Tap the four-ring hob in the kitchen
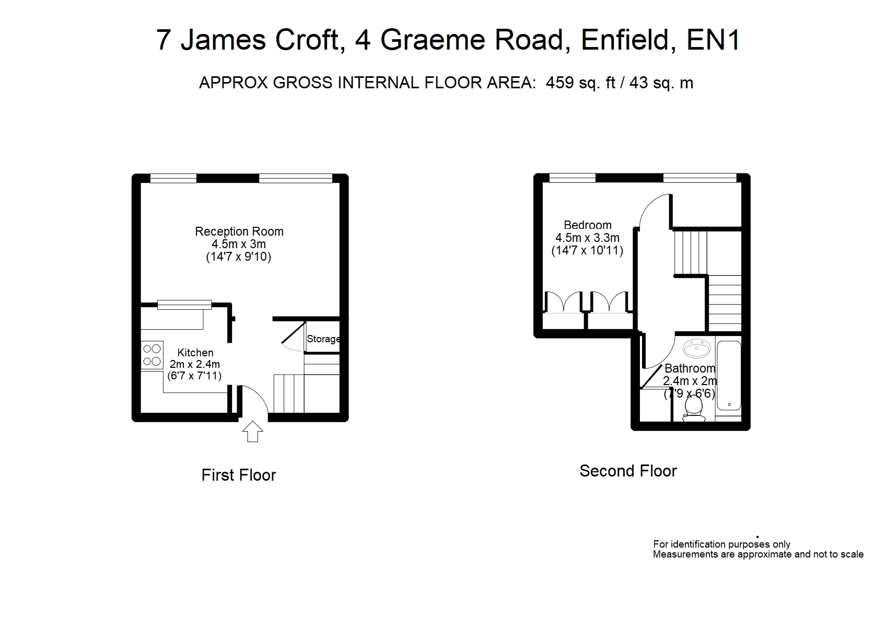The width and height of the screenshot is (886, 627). (x=153, y=355)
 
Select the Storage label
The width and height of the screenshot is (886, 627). (x=323, y=339)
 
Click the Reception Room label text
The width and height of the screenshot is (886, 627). (x=239, y=231)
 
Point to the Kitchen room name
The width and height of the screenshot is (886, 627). (x=195, y=353)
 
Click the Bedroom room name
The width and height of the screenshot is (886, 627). (x=588, y=225)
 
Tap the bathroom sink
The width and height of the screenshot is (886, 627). (x=696, y=348)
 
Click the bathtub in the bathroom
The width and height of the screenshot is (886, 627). (x=729, y=375)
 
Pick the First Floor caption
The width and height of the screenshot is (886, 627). (x=239, y=475)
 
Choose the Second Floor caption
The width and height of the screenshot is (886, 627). (x=628, y=471)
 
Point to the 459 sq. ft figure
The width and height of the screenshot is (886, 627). (x=580, y=83)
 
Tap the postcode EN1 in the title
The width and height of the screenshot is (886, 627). (x=713, y=40)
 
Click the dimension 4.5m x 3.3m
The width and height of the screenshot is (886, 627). (x=587, y=238)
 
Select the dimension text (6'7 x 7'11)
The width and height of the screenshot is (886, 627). (x=194, y=375)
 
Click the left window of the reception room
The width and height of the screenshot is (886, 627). (x=173, y=178)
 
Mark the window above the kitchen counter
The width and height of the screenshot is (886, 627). (x=184, y=305)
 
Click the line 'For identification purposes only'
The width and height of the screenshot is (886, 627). (x=721, y=545)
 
